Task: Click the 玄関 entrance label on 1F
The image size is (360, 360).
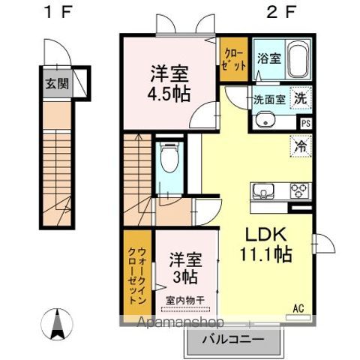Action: (x=57, y=83)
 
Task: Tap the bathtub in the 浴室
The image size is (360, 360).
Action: (x=298, y=59)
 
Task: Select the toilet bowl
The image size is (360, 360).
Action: (x=169, y=157)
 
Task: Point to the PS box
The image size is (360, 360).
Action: (x=306, y=124)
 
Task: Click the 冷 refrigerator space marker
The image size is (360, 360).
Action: (x=301, y=146)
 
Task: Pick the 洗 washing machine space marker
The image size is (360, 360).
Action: (x=301, y=98)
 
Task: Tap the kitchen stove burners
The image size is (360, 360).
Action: (x=300, y=190)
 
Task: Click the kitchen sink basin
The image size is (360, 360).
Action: (x=263, y=191)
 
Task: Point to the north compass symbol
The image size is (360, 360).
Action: (x=57, y=324)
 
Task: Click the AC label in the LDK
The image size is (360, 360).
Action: (x=298, y=308)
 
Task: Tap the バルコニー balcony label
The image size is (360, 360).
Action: (x=233, y=340)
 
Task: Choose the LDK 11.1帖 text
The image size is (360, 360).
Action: (x=266, y=244)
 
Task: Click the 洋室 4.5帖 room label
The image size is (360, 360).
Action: (x=169, y=83)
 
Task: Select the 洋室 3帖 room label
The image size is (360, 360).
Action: (x=185, y=268)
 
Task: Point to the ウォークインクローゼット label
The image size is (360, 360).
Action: (x=137, y=276)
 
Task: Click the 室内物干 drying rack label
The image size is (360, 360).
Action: (x=185, y=300)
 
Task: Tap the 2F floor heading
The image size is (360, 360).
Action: (x=281, y=12)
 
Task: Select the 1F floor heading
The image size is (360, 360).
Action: (x=58, y=12)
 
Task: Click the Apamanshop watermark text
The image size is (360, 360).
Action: (x=180, y=322)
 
